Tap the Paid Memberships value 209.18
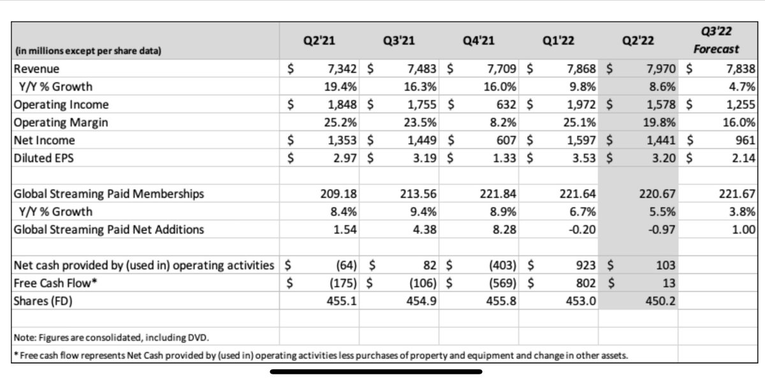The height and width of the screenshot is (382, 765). [344, 194]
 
